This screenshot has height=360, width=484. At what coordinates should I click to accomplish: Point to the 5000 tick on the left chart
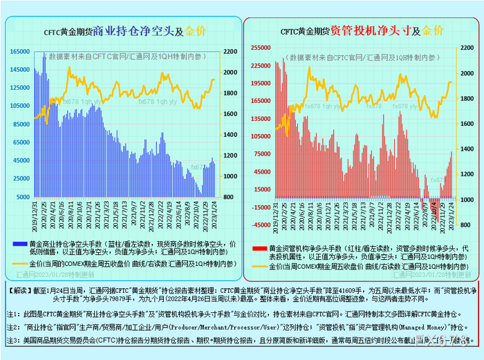click(x=23, y=196)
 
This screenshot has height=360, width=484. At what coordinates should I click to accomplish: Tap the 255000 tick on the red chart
click(x=260, y=48)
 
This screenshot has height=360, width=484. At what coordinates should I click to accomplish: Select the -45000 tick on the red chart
click(x=260, y=225)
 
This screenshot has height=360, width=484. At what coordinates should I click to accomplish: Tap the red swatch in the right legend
click(x=257, y=247)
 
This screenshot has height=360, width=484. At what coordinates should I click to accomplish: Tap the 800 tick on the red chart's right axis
click(x=467, y=200)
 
